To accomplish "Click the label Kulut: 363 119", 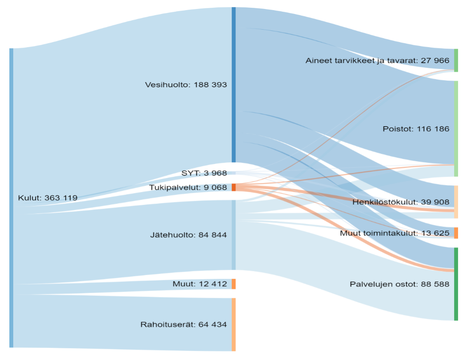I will [47, 198].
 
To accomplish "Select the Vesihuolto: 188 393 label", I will [185, 84].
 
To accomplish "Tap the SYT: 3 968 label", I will [204, 173].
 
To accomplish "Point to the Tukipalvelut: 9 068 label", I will [188, 188].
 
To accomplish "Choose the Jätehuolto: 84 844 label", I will [188, 235].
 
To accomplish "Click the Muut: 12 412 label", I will [199, 284].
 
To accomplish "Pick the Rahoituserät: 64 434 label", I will [184, 325].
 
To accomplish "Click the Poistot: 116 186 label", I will [416, 129].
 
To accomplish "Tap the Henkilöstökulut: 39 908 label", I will [401, 202].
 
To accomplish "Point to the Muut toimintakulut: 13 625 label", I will [394, 234].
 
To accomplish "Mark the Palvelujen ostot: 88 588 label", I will [399, 284].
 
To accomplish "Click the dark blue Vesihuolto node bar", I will [234, 84].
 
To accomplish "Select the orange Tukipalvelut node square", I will [234, 187].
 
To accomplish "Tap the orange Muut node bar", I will [234, 284].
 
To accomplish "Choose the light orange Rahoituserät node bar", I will [234, 325].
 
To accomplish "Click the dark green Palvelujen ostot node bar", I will [456, 284].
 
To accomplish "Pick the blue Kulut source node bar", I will [11, 198].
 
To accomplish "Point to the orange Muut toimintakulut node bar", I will [456, 233].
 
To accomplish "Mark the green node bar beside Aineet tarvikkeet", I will [456, 60].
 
